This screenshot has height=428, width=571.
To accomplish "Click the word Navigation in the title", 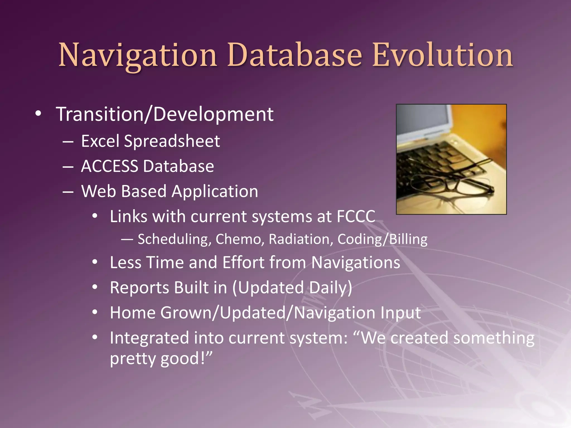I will (x=138, y=55).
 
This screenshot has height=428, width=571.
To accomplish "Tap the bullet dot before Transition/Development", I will (x=38, y=114).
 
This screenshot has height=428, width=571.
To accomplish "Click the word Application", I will (x=215, y=192).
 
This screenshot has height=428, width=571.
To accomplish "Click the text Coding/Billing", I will (x=382, y=239).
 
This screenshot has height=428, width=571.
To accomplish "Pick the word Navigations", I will (x=355, y=262).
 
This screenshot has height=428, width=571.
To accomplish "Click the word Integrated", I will (x=149, y=338).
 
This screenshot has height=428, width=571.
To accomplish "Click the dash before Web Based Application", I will (x=68, y=192).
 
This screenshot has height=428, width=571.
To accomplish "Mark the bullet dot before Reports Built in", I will (x=95, y=287).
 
